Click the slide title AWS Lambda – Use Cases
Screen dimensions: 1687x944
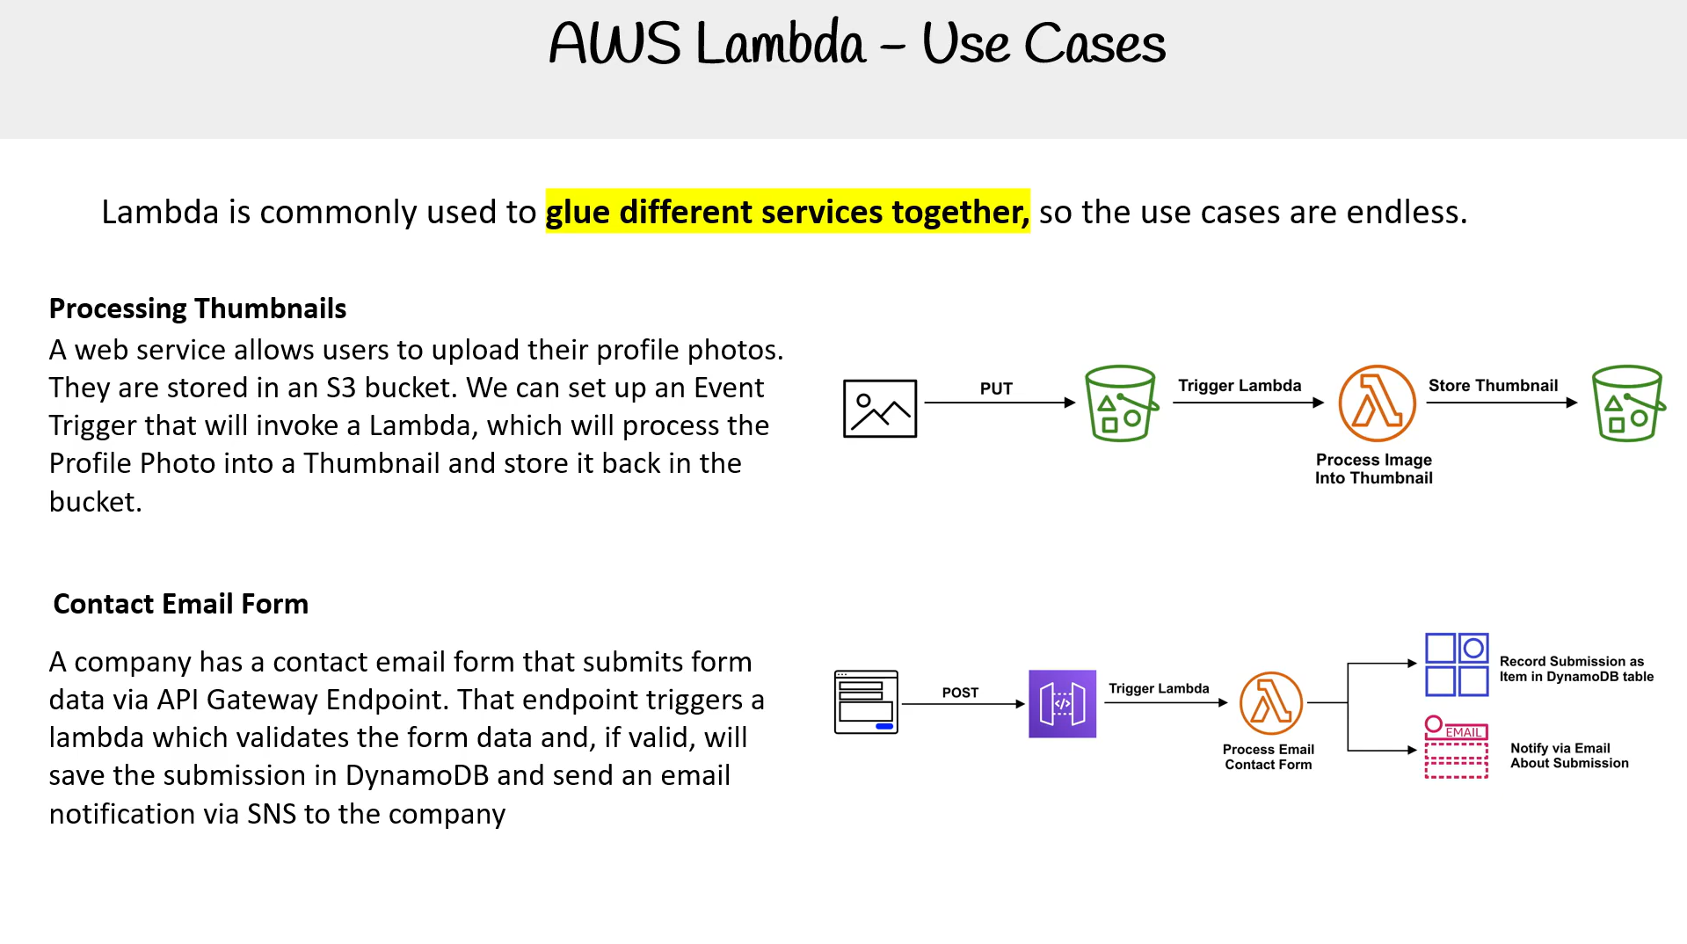pos(857,43)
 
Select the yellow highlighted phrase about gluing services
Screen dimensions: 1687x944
pos(788,212)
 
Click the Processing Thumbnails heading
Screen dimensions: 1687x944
pos(198,309)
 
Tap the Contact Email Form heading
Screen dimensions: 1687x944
pos(181,604)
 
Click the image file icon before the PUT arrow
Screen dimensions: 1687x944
pos(880,408)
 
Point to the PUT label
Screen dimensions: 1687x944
pos(996,388)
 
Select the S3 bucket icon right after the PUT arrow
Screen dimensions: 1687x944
pos(1121,403)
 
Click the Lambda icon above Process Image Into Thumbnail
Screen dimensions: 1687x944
pos(1377,403)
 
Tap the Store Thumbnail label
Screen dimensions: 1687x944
pos(1493,385)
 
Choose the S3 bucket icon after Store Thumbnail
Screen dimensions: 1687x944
pos(1628,403)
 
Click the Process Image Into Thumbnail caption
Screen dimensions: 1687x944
pos(1374,468)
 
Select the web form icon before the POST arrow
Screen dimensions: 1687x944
pos(866,702)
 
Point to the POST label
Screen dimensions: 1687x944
pos(960,693)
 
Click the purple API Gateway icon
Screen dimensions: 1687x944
pos(1062,703)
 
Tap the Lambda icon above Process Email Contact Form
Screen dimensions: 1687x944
pos(1270,703)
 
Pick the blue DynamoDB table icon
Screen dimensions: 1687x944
pos(1457,664)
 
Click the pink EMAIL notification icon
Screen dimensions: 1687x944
pos(1457,747)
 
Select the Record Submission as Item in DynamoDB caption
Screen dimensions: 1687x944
pos(1576,669)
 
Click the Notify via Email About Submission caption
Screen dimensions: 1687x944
pos(1569,756)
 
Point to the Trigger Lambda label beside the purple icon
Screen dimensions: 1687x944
pos(1159,688)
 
